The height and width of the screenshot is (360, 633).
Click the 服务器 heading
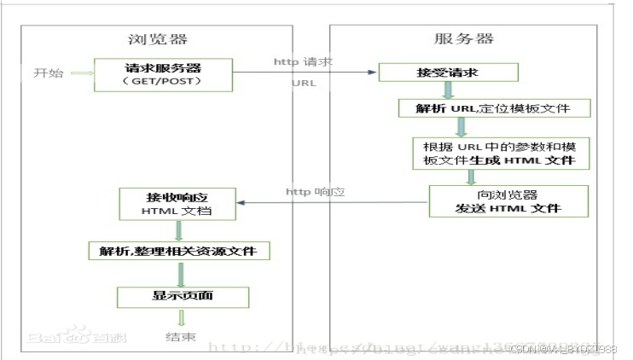[463, 39]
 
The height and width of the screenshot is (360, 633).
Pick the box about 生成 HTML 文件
[494, 153]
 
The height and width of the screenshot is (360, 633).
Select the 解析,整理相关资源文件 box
[179, 251]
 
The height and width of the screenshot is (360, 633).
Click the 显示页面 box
[182, 296]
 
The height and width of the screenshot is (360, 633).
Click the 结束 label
[180, 338]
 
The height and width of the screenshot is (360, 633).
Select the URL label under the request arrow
[304, 84]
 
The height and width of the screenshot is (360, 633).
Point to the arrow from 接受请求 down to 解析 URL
[446, 90]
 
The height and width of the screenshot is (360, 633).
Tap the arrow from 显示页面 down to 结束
[180, 318]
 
